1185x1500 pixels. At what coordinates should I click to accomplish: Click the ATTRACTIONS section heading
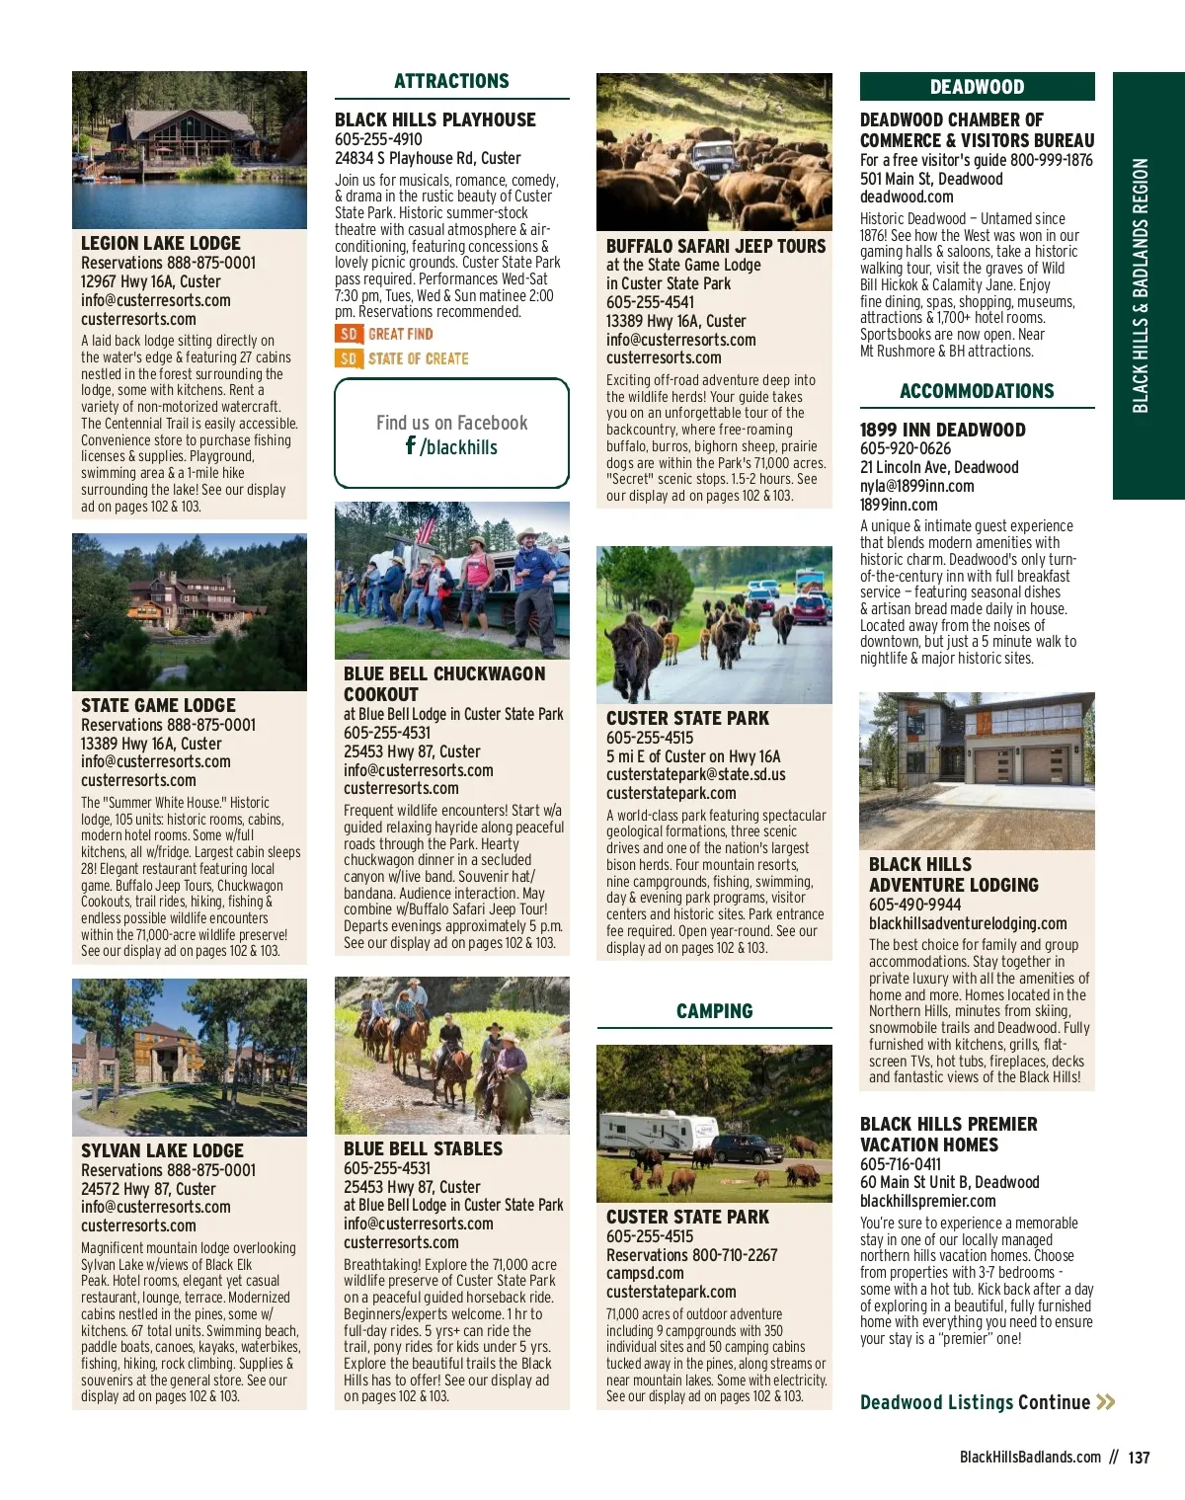[451, 81]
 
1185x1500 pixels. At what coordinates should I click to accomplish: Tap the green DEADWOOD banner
[977, 87]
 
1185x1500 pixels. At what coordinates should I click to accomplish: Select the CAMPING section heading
[714, 1011]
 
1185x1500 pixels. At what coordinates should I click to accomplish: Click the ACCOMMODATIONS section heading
[977, 391]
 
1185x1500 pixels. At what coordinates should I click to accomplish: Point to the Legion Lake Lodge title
[161, 243]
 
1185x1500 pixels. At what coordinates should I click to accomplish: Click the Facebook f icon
[411, 445]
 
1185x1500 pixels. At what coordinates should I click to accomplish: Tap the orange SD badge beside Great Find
[349, 335]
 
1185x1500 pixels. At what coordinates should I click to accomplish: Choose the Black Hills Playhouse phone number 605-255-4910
[378, 139]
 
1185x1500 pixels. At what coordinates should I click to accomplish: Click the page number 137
[1139, 1458]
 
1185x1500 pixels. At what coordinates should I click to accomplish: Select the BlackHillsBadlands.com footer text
[1030, 1458]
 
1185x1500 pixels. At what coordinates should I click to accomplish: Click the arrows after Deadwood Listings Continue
[1106, 1402]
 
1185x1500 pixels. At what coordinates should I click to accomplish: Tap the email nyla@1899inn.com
[916, 486]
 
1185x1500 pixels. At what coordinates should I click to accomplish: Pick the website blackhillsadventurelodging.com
[968, 923]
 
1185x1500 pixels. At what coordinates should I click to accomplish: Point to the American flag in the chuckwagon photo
[425, 528]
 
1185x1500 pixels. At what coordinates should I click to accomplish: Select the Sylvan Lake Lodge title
[162, 1150]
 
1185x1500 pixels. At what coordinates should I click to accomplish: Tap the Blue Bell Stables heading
[423, 1148]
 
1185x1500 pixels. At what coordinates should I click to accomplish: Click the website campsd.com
[645, 1273]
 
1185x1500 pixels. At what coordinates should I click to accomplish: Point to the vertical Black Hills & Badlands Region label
[1141, 285]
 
